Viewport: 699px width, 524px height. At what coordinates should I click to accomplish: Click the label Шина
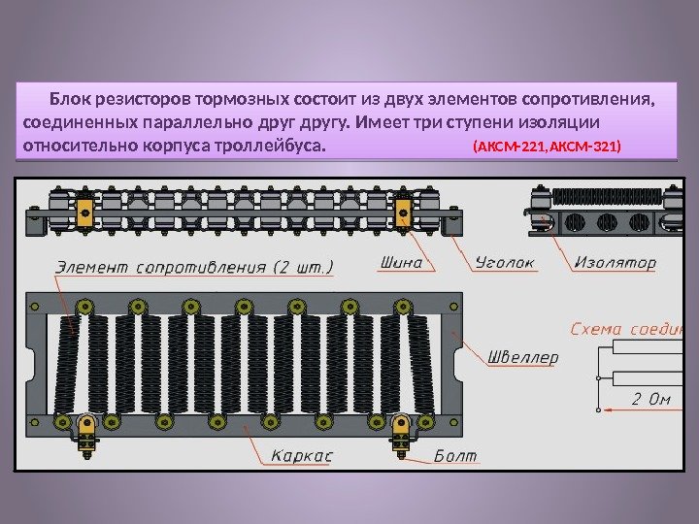[x=403, y=263]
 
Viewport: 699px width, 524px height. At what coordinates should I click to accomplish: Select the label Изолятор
[x=615, y=262]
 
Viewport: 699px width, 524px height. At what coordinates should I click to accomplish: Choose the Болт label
[x=454, y=454]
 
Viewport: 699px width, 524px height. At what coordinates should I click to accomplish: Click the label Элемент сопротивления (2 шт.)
[x=195, y=264]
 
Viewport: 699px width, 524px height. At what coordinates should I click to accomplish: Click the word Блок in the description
[x=70, y=99]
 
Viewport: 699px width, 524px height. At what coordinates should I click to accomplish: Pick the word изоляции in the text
[x=566, y=123]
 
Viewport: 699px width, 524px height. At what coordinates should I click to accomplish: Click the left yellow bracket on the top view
[x=84, y=213]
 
